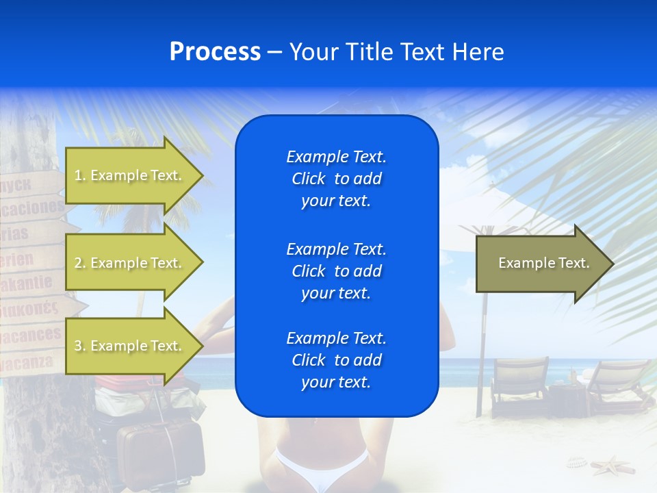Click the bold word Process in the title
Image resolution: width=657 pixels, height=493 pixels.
(x=215, y=52)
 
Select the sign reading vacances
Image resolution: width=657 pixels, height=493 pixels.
(x=31, y=335)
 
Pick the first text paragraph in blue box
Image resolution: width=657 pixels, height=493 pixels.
(x=336, y=179)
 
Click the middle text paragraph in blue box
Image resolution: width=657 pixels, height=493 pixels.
(x=336, y=271)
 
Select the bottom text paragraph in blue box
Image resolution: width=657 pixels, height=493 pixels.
(x=336, y=360)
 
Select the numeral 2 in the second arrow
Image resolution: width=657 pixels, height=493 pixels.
(x=78, y=263)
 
